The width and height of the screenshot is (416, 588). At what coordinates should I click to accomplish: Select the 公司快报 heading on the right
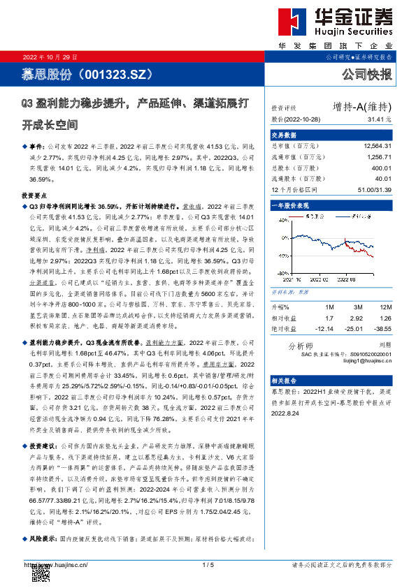pyautogui.click(x=366, y=73)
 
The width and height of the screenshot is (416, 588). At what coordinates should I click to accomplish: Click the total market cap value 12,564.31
pyautogui.click(x=377, y=146)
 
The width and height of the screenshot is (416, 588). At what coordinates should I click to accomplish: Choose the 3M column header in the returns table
pyautogui.click(x=357, y=307)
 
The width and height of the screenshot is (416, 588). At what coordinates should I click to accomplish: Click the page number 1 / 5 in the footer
pyautogui.click(x=207, y=564)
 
